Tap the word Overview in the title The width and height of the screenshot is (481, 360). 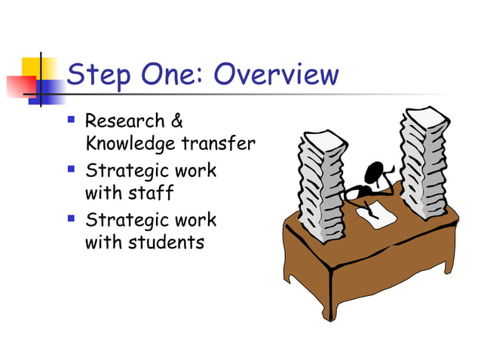pos(275,75)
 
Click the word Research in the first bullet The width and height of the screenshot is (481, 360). pos(125,121)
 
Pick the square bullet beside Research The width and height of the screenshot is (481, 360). pos(71,119)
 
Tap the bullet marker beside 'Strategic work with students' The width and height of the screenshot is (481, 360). pos(71,218)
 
